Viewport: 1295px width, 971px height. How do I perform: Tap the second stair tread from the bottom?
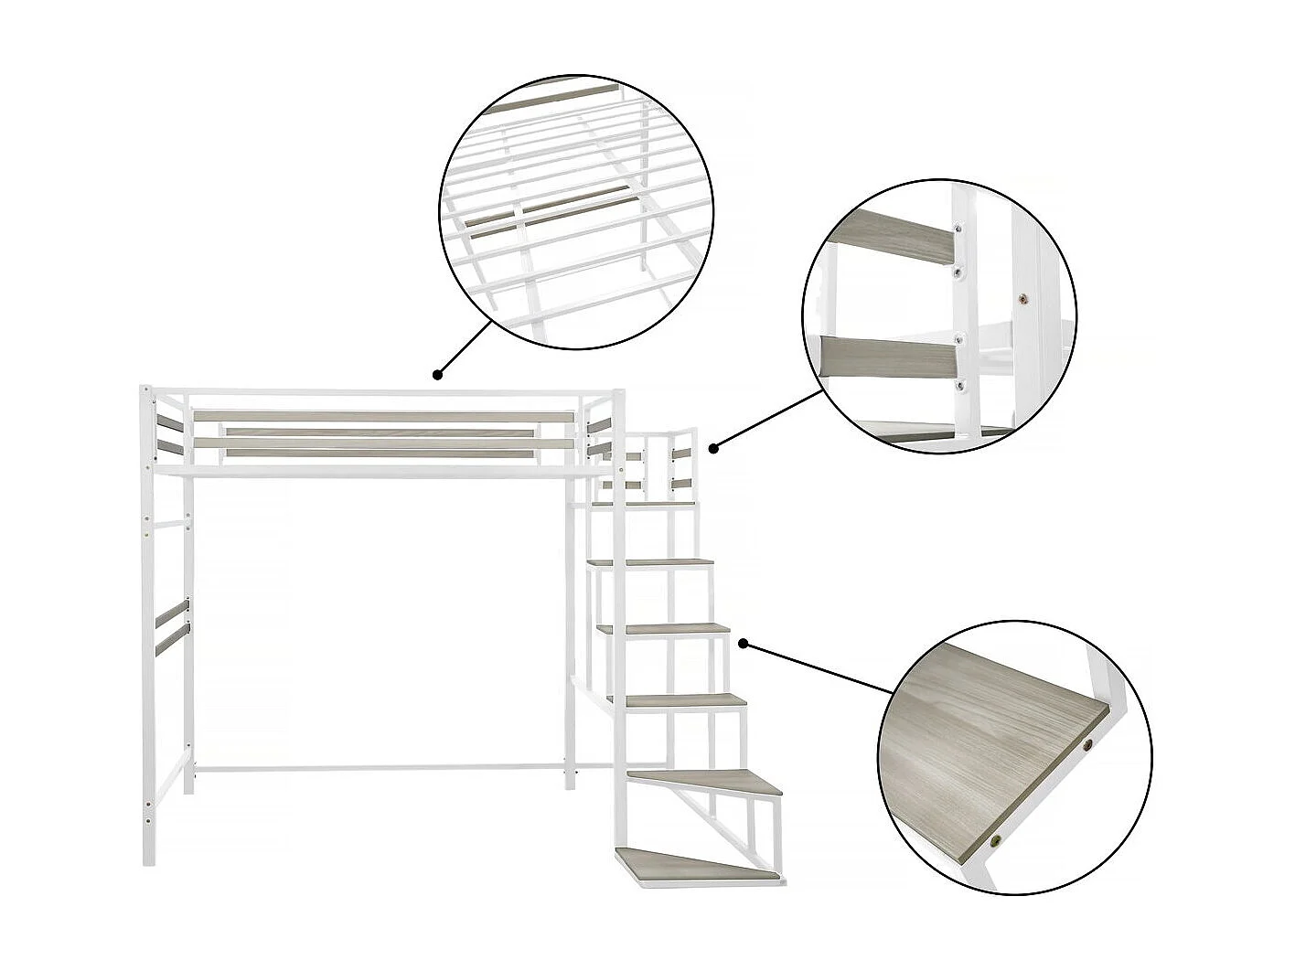click(x=712, y=781)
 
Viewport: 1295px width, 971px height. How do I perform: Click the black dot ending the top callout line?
click(x=438, y=373)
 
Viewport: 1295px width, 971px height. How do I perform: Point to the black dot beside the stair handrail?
click(x=713, y=447)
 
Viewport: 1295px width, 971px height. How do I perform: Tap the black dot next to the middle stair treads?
click(x=744, y=644)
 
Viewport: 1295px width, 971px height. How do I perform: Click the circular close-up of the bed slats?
click(x=576, y=212)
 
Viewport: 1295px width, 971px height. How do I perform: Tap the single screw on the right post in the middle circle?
click(x=1022, y=297)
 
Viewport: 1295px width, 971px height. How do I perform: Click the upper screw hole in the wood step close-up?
click(x=1088, y=746)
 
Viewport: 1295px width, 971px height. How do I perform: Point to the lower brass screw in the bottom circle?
click(x=999, y=836)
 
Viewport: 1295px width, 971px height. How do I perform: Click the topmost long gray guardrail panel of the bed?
click(x=384, y=416)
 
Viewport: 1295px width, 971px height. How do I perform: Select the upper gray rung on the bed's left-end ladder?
click(x=170, y=615)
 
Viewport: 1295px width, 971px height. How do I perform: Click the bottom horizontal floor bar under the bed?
click(x=380, y=769)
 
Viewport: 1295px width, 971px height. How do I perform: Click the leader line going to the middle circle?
click(x=768, y=420)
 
